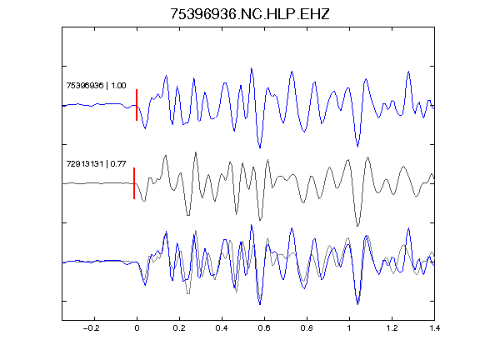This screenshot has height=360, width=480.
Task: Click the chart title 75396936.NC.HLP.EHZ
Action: click(x=249, y=14)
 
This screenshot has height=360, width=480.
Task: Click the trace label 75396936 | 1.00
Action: click(x=96, y=85)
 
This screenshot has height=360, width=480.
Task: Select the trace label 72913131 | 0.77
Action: click(x=96, y=164)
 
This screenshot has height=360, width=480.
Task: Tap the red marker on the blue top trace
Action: click(x=137, y=105)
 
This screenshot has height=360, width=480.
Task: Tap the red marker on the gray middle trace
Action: click(x=134, y=183)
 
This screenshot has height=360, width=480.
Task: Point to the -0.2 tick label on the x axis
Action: click(x=91, y=328)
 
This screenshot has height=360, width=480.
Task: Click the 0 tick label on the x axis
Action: click(x=137, y=328)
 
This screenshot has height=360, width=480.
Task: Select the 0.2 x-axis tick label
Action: click(x=179, y=328)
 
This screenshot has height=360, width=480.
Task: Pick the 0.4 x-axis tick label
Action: click(x=222, y=328)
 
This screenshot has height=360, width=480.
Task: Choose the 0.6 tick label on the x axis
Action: click(x=264, y=328)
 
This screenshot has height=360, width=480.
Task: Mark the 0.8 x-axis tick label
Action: click(x=307, y=328)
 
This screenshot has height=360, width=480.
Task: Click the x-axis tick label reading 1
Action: click(x=349, y=328)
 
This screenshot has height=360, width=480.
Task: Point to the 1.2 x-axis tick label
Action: click(x=392, y=328)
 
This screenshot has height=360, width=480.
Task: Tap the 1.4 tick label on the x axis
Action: click(x=434, y=328)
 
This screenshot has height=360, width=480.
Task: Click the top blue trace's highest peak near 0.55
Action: click(x=252, y=68)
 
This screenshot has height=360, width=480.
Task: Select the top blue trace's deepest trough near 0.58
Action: click(x=260, y=147)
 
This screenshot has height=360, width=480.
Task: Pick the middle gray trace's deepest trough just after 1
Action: click(x=357, y=226)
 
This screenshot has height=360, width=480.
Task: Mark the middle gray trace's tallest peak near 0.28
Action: click(x=195, y=152)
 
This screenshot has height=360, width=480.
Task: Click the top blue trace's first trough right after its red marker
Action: click(x=145, y=128)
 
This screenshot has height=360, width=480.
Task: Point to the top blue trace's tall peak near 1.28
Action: click(x=408, y=72)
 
